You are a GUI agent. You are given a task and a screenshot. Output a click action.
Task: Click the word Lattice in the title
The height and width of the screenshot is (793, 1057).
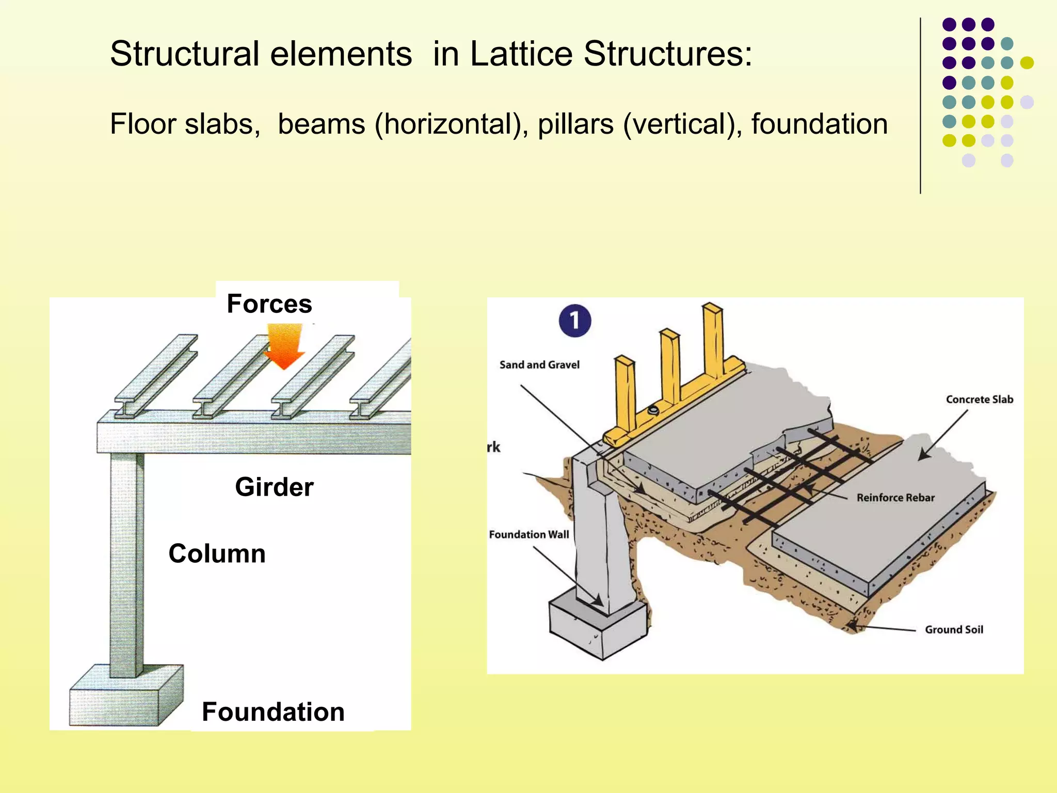click(521, 54)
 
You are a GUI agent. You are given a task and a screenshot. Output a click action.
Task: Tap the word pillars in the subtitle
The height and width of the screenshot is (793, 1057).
click(575, 124)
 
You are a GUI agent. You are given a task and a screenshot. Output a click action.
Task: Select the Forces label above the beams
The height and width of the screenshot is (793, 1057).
click(269, 304)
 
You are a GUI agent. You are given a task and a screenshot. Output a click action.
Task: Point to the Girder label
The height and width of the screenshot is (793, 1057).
click(274, 487)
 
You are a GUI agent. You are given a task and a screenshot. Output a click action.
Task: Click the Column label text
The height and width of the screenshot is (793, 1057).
click(217, 553)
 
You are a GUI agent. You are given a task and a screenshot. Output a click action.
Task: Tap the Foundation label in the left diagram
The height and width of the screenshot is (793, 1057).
click(273, 712)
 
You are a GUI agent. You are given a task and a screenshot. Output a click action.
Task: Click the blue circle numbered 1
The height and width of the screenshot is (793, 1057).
click(574, 321)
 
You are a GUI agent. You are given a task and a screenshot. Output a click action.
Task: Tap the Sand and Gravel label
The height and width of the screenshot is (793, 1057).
click(539, 365)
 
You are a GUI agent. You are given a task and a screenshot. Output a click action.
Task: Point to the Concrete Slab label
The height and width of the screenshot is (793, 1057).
click(979, 400)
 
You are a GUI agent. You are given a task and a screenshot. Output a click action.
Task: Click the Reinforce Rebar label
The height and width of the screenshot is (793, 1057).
click(895, 498)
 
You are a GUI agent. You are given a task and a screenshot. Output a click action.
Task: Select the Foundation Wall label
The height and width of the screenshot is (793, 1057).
click(528, 535)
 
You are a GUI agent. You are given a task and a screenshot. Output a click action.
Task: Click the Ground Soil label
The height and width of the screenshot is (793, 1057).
click(953, 630)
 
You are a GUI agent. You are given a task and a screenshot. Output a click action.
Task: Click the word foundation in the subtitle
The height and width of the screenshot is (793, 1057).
click(819, 124)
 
